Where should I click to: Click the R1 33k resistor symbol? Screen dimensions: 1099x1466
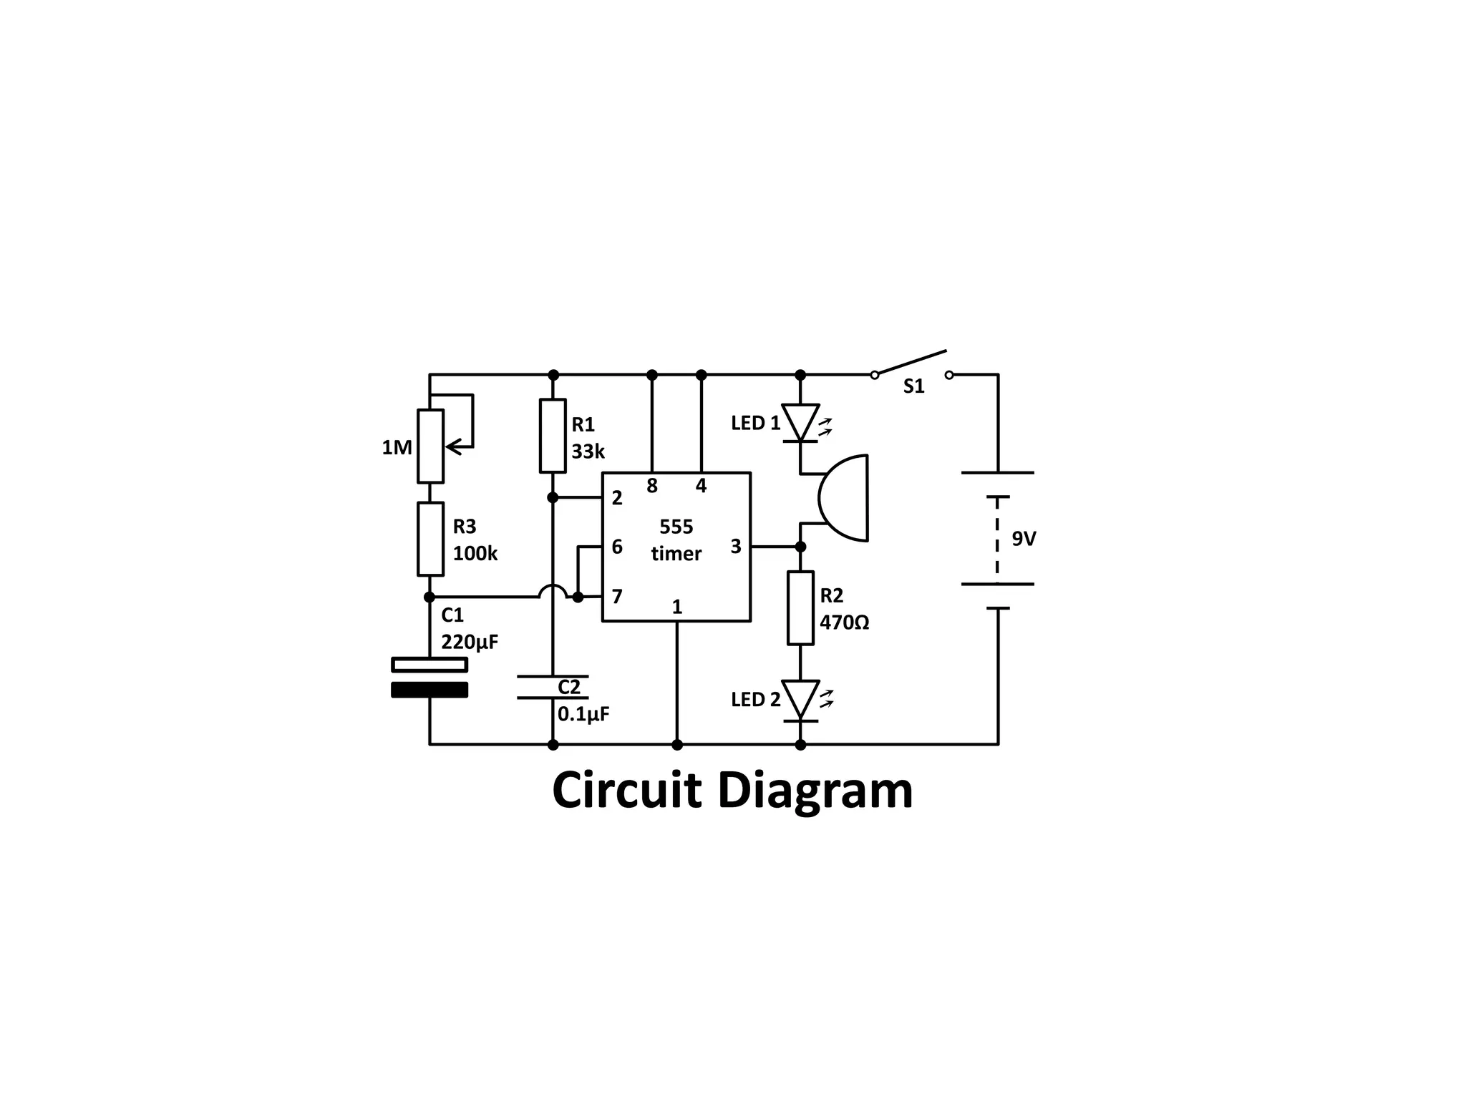pyautogui.click(x=553, y=436)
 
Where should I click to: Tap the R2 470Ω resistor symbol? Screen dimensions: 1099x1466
pyautogui.click(x=800, y=607)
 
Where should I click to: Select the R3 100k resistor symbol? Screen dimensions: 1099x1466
pyautogui.click(x=430, y=539)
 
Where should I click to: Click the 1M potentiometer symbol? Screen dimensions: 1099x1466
pyautogui.click(x=430, y=446)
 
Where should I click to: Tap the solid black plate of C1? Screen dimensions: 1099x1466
pyautogui.click(x=429, y=690)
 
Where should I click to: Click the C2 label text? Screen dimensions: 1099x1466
pyautogui.click(x=569, y=687)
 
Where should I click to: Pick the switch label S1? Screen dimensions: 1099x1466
pyautogui.click(x=913, y=386)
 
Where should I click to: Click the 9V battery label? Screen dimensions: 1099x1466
pyautogui.click(x=1024, y=539)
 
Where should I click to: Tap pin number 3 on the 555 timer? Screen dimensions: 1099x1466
pyautogui.click(x=736, y=547)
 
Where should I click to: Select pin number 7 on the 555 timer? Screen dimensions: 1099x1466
pyautogui.click(x=617, y=596)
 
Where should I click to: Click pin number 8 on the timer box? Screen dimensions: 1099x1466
pyautogui.click(x=651, y=486)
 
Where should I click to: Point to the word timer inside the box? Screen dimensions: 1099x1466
pyautogui.click(x=676, y=554)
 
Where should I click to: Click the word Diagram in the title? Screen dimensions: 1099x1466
pyautogui.click(x=815, y=791)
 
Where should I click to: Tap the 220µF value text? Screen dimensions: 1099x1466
pyautogui.click(x=470, y=642)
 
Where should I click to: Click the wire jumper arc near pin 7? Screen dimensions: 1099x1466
pyautogui.click(x=553, y=590)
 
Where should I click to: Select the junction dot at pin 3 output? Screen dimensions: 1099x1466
pyautogui.click(x=800, y=547)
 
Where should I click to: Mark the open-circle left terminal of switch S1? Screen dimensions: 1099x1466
pyautogui.click(x=875, y=375)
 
